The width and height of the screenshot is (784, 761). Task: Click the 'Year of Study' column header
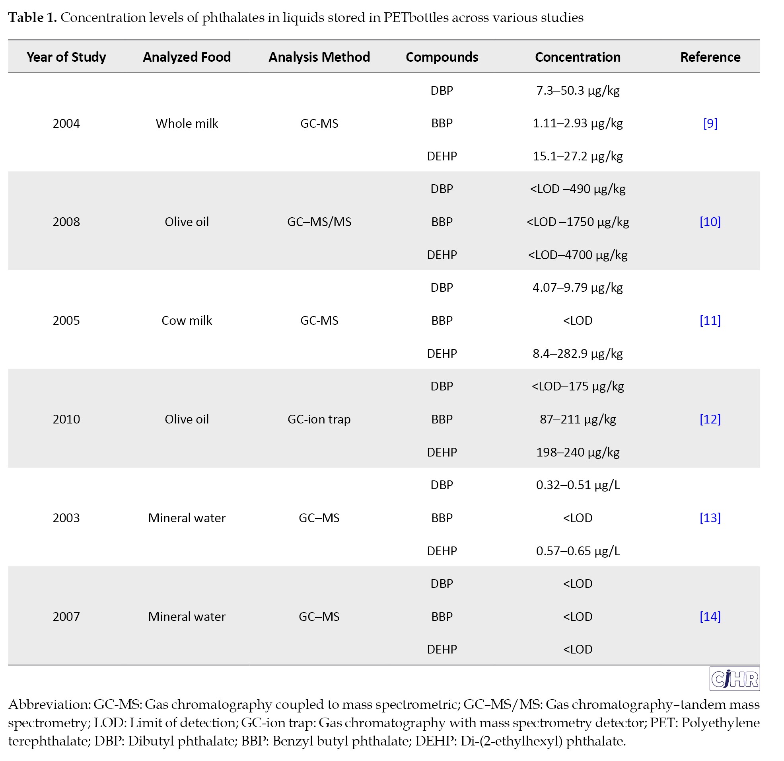[66, 57]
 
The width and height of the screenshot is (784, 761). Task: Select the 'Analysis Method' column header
[319, 57]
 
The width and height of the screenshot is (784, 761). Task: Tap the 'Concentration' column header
[578, 57]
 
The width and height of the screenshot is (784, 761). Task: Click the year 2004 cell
[66, 123]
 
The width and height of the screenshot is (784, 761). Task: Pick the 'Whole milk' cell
[187, 123]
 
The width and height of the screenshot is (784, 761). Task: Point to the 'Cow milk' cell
[187, 321]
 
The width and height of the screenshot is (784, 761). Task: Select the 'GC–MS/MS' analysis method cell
[319, 222]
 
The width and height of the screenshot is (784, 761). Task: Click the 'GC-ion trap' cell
[319, 419]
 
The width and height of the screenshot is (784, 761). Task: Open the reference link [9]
[710, 123]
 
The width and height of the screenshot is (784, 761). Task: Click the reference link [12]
[710, 419]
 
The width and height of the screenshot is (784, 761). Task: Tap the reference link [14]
[710, 617]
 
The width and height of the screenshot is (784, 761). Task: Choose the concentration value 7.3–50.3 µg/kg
[578, 91]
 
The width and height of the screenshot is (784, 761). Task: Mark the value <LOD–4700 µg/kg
[578, 255]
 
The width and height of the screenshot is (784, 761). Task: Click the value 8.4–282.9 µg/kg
[578, 354]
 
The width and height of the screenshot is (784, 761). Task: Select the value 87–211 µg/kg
[578, 420]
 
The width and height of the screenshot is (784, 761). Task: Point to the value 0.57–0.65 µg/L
[578, 551]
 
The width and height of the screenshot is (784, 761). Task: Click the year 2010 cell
[66, 419]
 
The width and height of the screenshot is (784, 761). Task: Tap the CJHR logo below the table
[735, 679]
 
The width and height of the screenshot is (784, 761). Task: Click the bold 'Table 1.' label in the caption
[32, 18]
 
